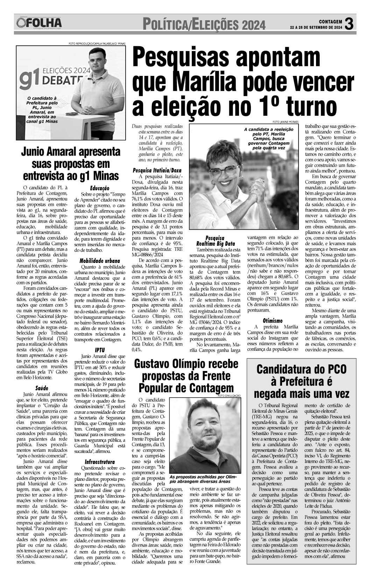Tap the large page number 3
click(350, 23)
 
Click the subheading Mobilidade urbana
click(100, 261)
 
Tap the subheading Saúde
click(42, 388)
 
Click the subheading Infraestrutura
click(100, 461)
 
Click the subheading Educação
click(100, 188)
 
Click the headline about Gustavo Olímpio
click(186, 376)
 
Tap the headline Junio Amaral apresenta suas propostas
click(71, 164)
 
